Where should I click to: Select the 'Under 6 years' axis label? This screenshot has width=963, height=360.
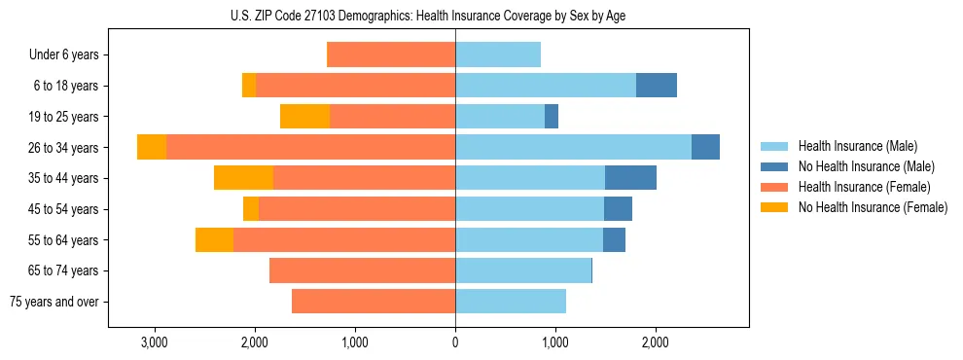pyautogui.click(x=69, y=55)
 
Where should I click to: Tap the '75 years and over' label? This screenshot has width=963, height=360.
pyautogui.click(x=54, y=302)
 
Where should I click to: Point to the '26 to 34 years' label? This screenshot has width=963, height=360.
pyautogui.click(x=65, y=148)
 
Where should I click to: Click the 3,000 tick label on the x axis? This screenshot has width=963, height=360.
pyautogui.click(x=154, y=343)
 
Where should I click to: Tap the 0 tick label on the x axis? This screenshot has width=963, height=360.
pyautogui.click(x=455, y=343)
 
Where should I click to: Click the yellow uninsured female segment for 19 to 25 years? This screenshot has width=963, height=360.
pyautogui.click(x=304, y=117)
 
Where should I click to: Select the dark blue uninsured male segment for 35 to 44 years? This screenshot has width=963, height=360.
pyautogui.click(x=630, y=178)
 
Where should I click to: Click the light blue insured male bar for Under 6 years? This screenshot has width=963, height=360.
pyautogui.click(x=498, y=55)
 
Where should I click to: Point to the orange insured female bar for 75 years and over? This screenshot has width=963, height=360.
pyautogui.click(x=374, y=302)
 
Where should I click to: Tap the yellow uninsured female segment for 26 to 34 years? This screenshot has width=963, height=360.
pyautogui.click(x=152, y=148)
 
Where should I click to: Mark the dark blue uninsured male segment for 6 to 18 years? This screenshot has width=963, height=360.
pyautogui.click(x=657, y=86)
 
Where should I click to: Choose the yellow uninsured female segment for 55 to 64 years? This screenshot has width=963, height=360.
pyautogui.click(x=214, y=240)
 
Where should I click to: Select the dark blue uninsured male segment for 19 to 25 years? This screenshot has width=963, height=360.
pyautogui.click(x=552, y=117)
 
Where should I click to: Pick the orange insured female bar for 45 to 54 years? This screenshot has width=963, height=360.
pyautogui.click(x=357, y=209)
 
